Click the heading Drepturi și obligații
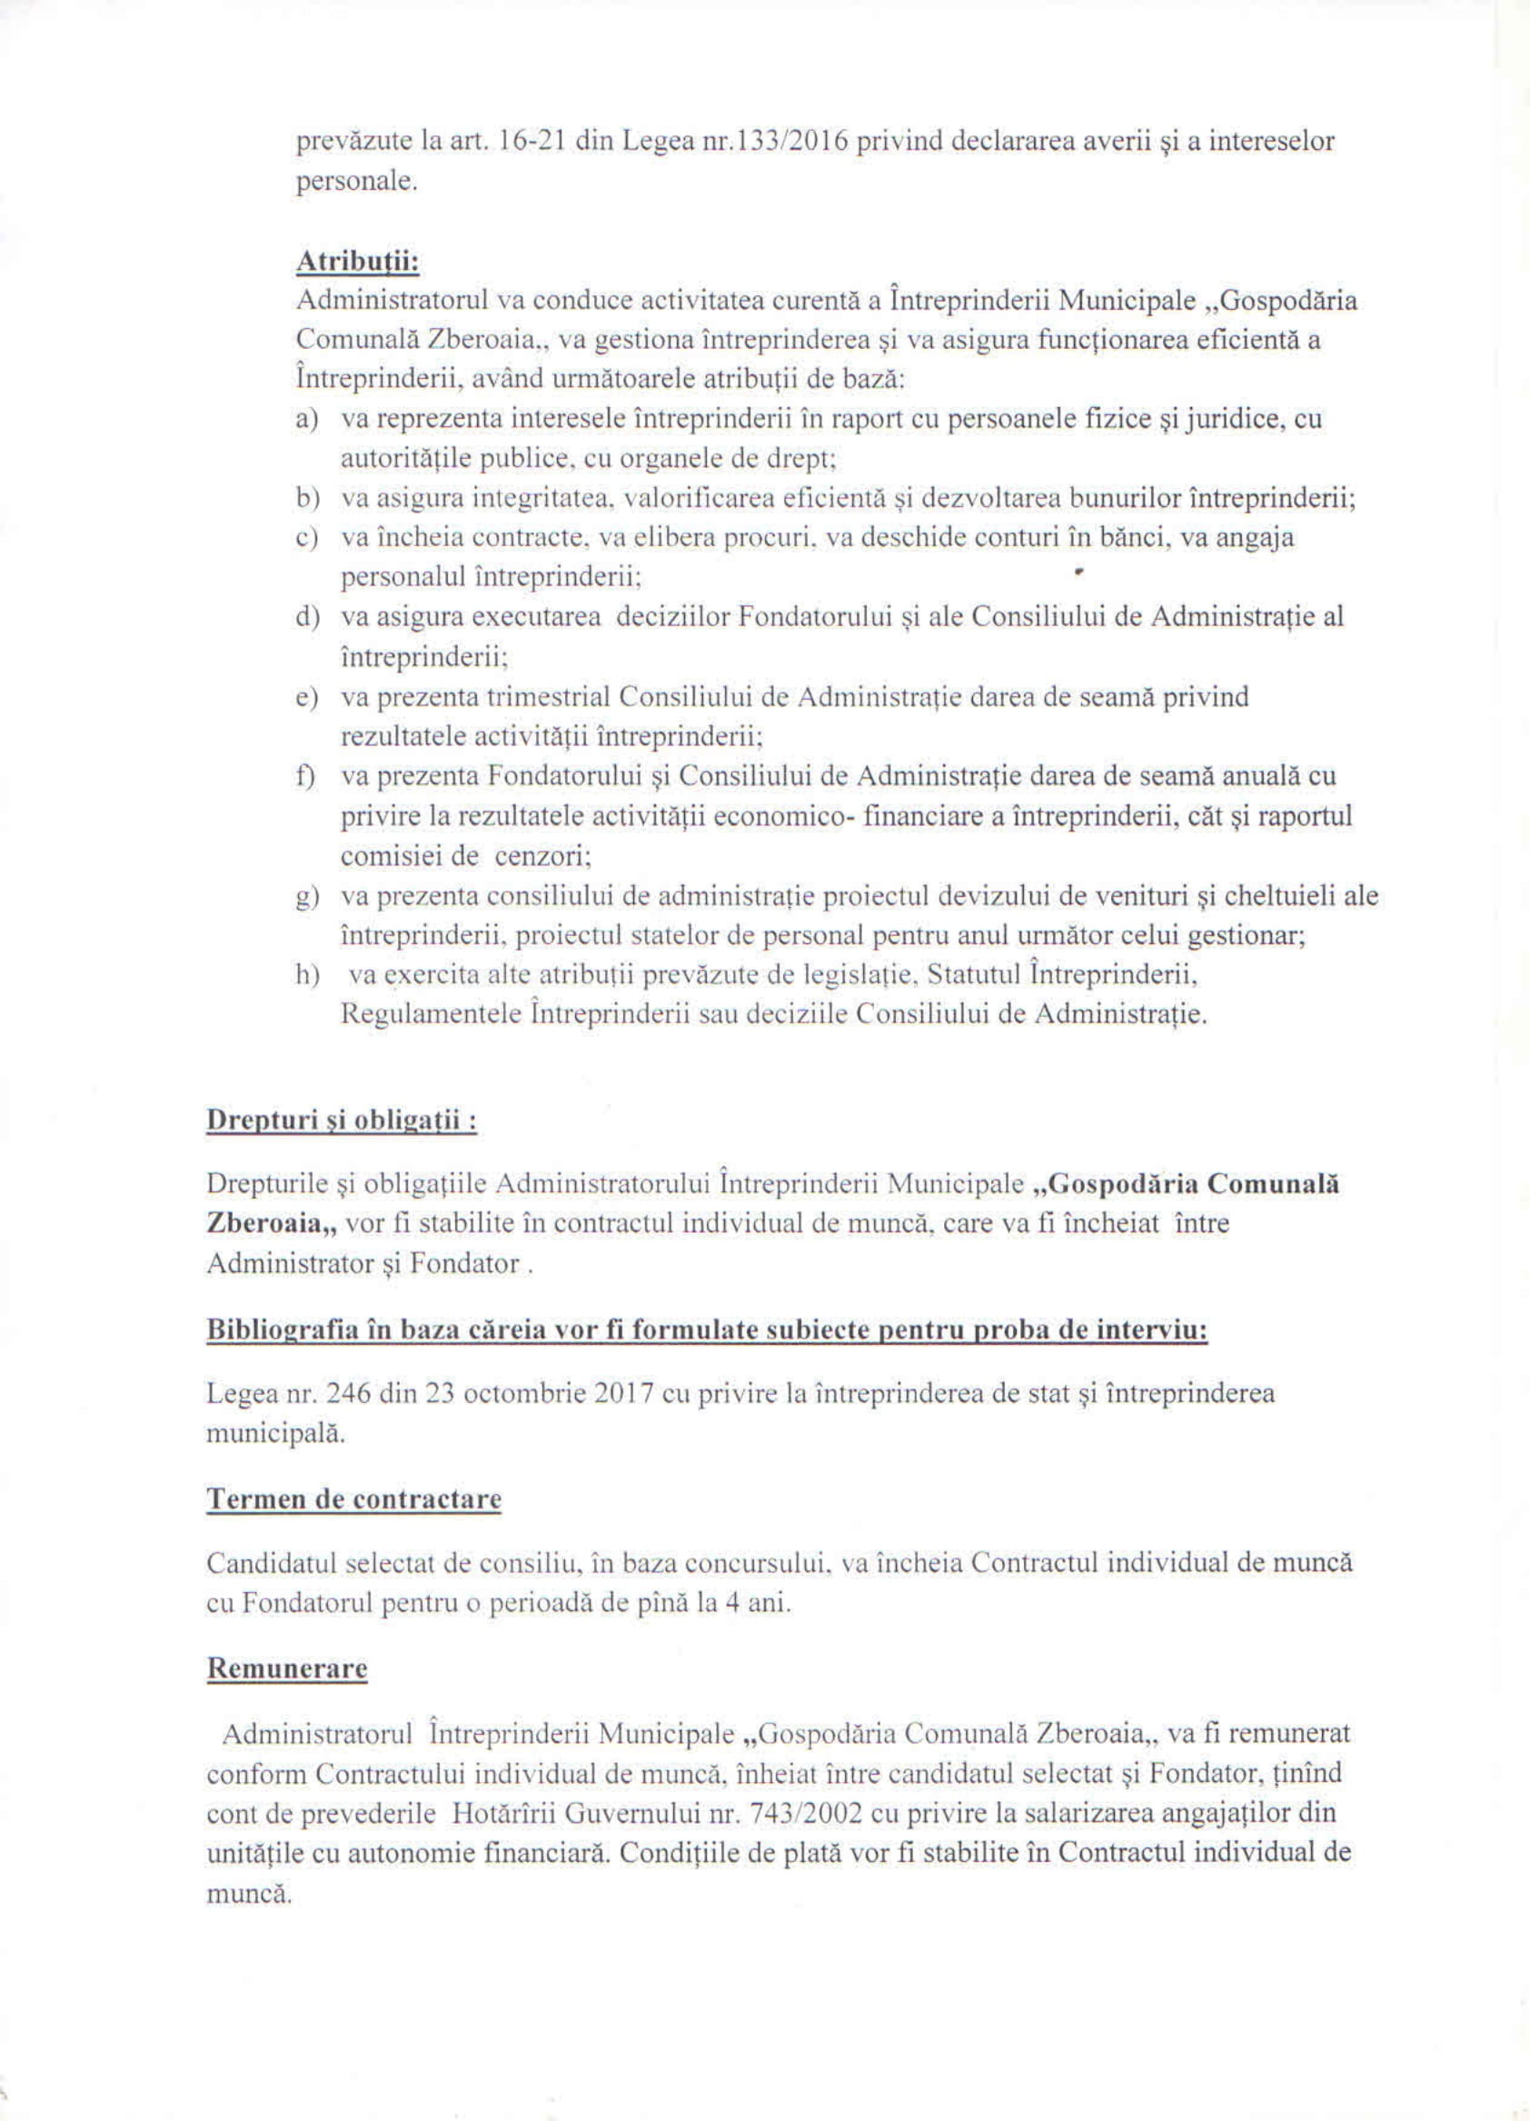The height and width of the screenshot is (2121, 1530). click(342, 1120)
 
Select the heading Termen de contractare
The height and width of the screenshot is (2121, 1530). click(353, 1499)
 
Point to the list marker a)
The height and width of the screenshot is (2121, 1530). click(307, 419)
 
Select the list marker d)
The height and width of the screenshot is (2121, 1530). click(307, 617)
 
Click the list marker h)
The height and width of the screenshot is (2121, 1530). click(307, 975)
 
